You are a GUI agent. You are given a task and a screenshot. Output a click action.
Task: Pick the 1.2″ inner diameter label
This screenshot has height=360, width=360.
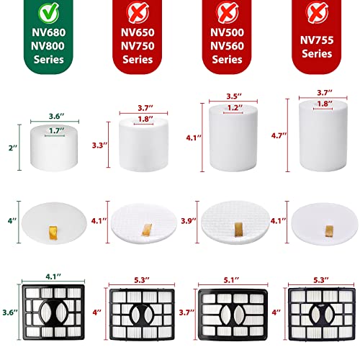[x=228, y=107]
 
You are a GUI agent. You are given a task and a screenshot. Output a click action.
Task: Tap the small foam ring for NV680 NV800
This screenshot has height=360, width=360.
[x=51, y=145]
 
